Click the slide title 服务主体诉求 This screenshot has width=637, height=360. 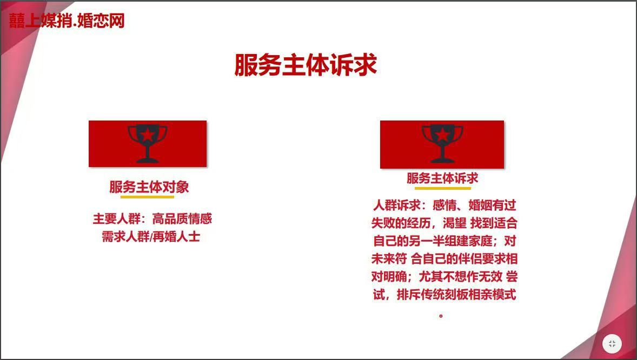point(306,65)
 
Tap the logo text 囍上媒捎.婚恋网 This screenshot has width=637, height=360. point(67,21)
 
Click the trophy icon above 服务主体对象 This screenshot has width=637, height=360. point(148,144)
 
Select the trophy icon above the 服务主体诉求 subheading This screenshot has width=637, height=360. point(442,144)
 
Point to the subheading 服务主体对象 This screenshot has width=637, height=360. point(149,187)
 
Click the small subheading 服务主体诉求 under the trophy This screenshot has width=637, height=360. point(442,178)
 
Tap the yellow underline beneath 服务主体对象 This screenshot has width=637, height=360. point(148,197)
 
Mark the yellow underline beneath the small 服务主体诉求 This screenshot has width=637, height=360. point(442,188)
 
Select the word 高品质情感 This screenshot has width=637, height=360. point(182,219)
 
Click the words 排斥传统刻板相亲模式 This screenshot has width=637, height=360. point(456,294)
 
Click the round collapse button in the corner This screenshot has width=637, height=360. point(612,344)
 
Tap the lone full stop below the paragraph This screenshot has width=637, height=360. point(441,315)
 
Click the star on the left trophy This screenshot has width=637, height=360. point(148,135)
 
